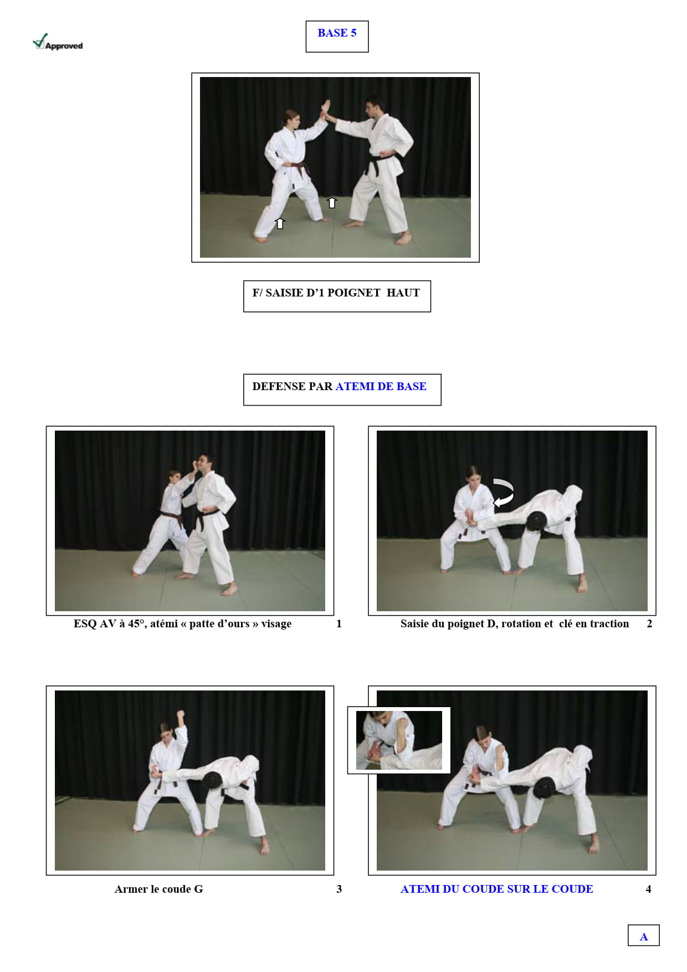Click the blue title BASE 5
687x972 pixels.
337,33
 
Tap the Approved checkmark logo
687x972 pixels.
58,42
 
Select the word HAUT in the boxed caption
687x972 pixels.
403,293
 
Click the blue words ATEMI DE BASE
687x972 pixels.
381,386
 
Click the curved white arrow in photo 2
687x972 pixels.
504,492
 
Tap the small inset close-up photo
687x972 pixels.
399,740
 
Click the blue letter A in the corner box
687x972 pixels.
644,937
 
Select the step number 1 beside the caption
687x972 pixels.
339,623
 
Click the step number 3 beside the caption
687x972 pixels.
339,889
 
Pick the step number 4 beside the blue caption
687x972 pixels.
648,889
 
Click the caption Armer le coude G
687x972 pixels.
159,889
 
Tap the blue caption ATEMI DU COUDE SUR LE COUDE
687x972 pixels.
497,889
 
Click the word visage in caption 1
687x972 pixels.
276,624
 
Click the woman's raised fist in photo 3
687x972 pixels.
180,715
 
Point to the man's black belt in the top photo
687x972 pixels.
381,162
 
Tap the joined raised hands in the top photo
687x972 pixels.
327,111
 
